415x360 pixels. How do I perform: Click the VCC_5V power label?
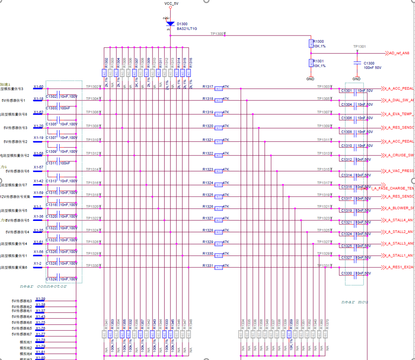pos(172,3)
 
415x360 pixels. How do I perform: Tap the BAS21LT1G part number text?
pos(186,28)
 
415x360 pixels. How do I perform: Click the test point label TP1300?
pos(217,34)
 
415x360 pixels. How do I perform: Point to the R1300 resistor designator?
pos(318,41)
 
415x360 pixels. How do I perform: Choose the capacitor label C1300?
pos(369,63)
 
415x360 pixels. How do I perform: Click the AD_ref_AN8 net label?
pos(399,53)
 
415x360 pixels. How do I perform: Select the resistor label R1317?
pos(208,87)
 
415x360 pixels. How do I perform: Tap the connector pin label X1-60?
pos(38,87)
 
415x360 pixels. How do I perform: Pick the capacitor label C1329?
pos(51,279)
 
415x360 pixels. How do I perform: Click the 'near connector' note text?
pos(43,286)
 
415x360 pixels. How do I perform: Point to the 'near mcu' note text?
pos(355,302)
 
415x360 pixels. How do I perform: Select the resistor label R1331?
pos(208,265)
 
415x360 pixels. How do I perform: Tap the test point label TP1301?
pos(359,46)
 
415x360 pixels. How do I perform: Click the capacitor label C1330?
pos(347,273)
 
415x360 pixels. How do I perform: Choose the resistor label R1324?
pos(208,183)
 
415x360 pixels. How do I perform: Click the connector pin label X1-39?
pos(40,299)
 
